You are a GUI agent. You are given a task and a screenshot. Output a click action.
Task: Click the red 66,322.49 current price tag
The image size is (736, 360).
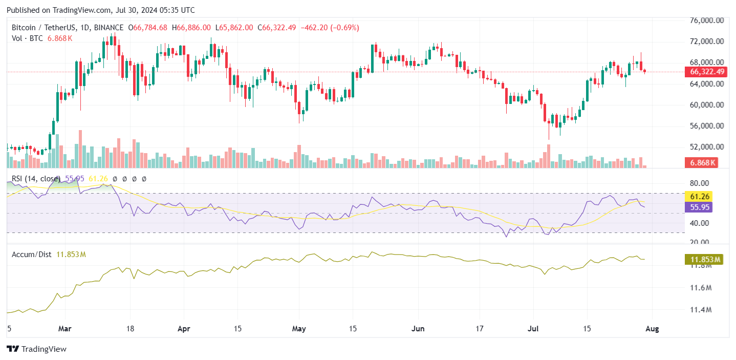pyautogui.click(x=707, y=72)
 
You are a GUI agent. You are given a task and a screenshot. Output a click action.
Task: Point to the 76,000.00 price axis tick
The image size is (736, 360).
pyautogui.click(x=707, y=20)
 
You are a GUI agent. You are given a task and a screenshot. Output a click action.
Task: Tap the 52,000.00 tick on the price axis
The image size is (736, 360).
pyautogui.click(x=707, y=147)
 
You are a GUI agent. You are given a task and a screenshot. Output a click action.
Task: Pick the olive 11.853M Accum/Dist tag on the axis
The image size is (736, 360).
pyautogui.click(x=704, y=260)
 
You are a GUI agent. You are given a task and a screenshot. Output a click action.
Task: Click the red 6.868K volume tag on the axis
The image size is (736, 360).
pyautogui.click(x=703, y=163)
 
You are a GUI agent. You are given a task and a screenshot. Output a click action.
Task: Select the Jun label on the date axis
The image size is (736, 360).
pyautogui.click(x=419, y=329)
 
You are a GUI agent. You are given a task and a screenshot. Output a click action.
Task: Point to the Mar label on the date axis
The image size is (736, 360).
pyautogui.click(x=65, y=329)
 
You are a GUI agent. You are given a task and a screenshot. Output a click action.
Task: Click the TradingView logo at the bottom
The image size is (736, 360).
pyautogui.click(x=36, y=349)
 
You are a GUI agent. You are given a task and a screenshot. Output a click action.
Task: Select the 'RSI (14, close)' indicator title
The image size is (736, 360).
pyautogui.click(x=34, y=179)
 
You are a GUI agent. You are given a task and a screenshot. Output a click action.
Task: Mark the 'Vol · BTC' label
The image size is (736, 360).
pyautogui.click(x=28, y=38)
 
